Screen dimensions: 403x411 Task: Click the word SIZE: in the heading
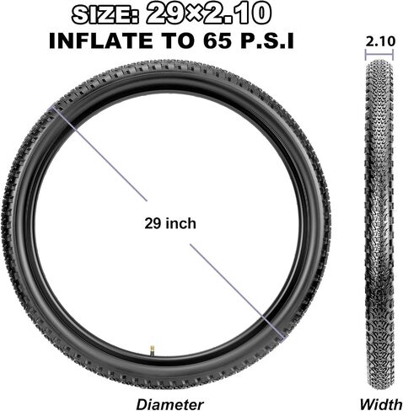[105, 16]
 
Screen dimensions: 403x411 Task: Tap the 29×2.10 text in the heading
[208, 13]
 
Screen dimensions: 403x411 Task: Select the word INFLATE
[101, 40]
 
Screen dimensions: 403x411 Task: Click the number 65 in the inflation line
[218, 40]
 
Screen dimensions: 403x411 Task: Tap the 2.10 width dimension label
[380, 41]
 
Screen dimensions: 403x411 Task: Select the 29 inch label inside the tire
[170, 224]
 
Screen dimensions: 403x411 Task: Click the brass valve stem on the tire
[152, 348]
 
